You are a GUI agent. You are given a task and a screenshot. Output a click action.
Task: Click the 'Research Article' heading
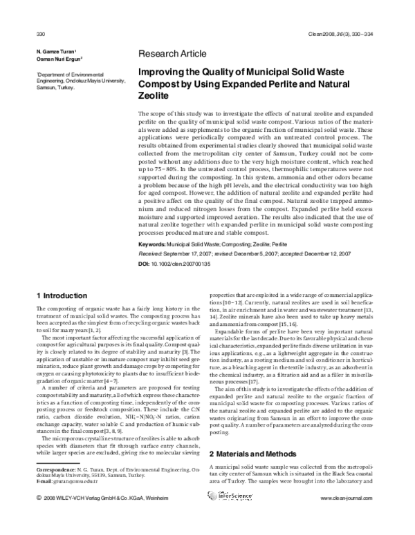172,53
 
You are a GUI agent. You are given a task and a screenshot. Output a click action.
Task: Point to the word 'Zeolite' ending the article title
154,97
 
